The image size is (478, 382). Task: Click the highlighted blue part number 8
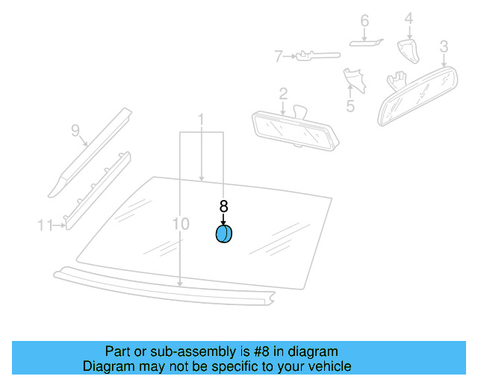[x=223, y=234]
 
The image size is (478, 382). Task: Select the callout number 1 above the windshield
[x=201, y=119]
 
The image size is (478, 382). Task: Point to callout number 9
[x=75, y=131]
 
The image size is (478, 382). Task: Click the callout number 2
[x=283, y=93]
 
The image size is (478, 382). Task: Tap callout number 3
[x=444, y=47]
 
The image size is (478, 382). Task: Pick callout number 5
[x=350, y=106]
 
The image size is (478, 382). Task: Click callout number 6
[x=364, y=21]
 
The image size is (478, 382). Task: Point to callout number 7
[x=278, y=55]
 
